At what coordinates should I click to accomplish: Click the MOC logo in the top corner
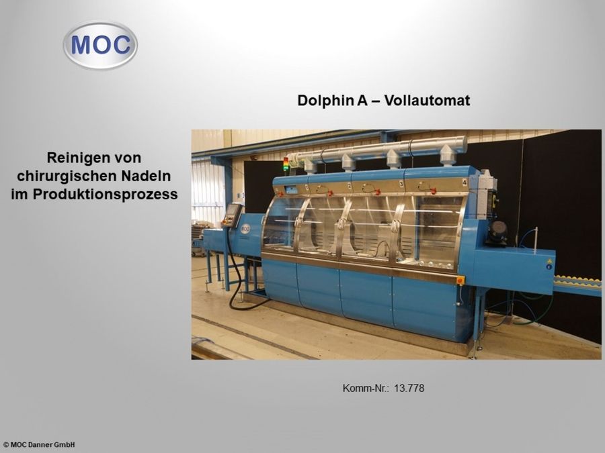tap(100, 45)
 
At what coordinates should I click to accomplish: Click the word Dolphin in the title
tap(321, 101)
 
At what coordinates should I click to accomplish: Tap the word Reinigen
tap(73, 158)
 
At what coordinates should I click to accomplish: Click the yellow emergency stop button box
tap(460, 279)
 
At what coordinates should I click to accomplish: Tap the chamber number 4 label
tap(465, 182)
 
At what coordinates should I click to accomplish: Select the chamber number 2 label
tap(349, 184)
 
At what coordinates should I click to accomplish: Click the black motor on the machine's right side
tap(497, 232)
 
